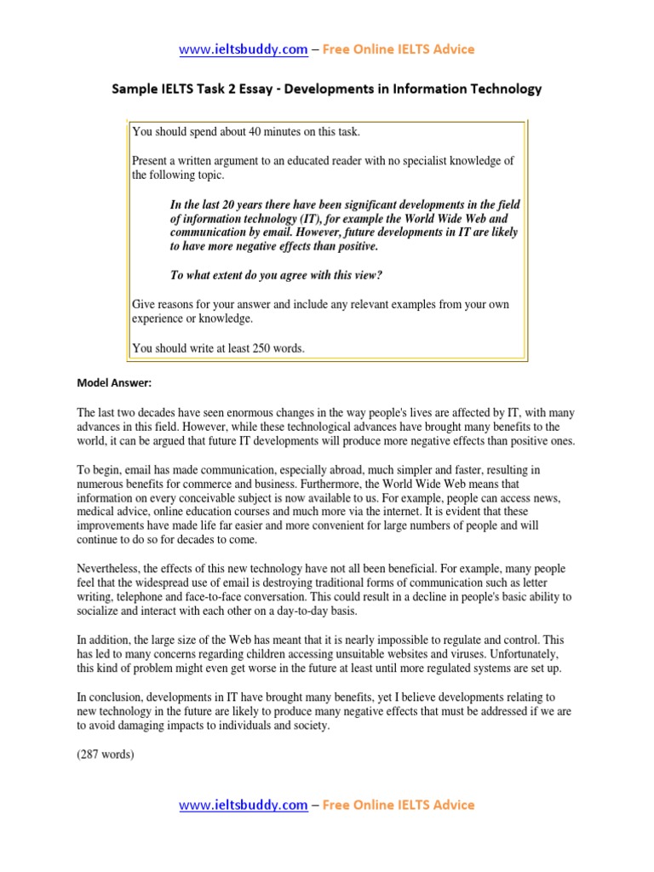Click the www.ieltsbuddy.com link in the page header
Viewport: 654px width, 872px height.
tap(243, 49)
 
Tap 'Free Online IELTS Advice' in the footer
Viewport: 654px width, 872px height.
tap(398, 805)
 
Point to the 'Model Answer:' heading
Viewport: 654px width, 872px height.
tap(114, 383)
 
